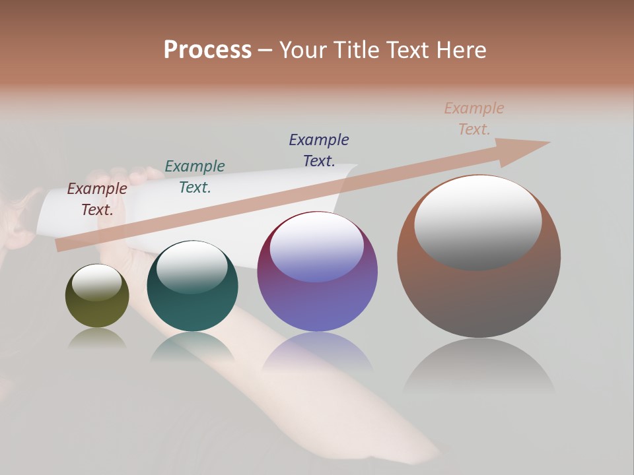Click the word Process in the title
[x=207, y=49]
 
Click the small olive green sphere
[x=97, y=310]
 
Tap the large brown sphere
[x=479, y=297]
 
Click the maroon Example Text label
[x=97, y=199]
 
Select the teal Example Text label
[x=195, y=176]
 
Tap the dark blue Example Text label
[x=319, y=150]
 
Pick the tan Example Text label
[x=474, y=118]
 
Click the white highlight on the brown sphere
[x=478, y=221]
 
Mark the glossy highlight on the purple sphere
[x=317, y=246]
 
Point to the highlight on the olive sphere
[x=97, y=282]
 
